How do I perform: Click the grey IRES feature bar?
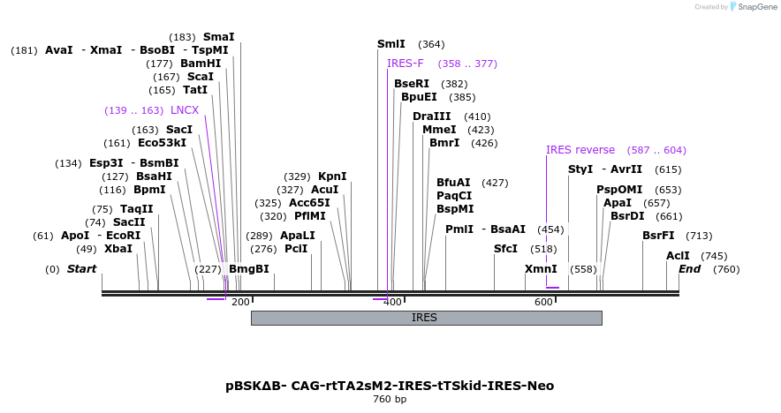[426, 318]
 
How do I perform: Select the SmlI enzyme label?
[391, 44]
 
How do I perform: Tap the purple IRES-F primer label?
[406, 64]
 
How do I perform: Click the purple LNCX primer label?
[185, 110]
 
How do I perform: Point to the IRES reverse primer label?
[580, 150]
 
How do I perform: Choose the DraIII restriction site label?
[431, 116]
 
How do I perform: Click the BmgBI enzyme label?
[248, 269]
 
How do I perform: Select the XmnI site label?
[541, 269]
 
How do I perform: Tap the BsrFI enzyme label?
[658, 236]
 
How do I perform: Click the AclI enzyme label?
[678, 256]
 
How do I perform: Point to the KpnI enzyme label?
[332, 176]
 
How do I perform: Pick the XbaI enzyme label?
[118, 249]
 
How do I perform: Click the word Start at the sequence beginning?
[82, 269]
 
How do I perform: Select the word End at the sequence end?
[690, 269]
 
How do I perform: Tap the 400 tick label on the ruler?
[392, 302]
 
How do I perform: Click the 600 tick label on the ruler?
[543, 302]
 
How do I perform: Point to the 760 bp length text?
[390, 400]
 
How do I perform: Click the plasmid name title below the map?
[390, 386]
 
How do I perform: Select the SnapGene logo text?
[754, 7]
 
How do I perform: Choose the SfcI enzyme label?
[505, 249]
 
